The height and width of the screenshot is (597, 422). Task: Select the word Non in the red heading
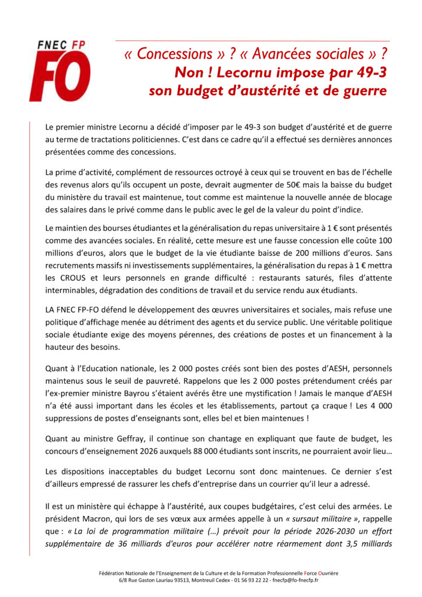click(x=187, y=73)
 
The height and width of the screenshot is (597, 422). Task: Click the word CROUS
click(x=76, y=278)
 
